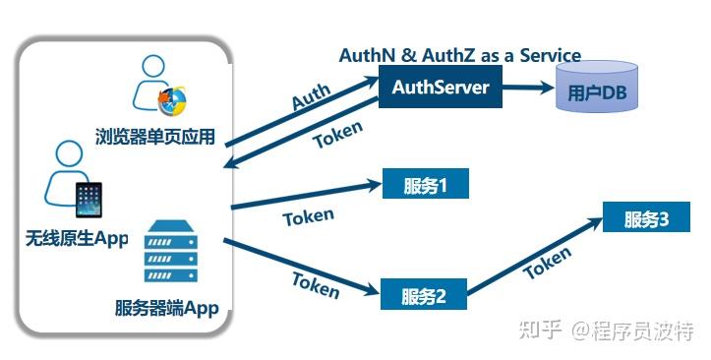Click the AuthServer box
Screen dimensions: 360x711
[441, 89]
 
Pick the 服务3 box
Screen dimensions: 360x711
[646, 218]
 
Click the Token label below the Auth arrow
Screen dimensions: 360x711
[337, 135]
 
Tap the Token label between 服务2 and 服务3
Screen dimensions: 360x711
[546, 264]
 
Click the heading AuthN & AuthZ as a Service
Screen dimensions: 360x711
[459, 55]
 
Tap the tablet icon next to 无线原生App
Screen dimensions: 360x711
[89, 200]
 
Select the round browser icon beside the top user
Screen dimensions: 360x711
[173, 98]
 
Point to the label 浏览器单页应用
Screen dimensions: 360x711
[154, 136]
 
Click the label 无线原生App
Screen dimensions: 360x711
[77, 238]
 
